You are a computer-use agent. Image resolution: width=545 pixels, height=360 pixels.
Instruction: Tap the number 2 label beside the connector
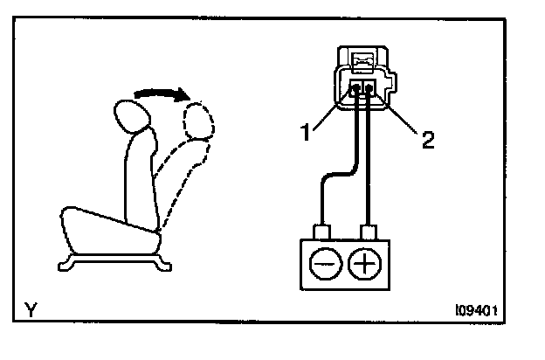(x=427, y=140)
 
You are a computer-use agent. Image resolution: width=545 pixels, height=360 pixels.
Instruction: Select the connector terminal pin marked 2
(x=370, y=88)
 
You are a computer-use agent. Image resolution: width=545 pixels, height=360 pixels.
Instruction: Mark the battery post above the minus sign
(x=324, y=232)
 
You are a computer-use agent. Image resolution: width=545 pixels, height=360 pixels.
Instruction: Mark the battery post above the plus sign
(x=369, y=232)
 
